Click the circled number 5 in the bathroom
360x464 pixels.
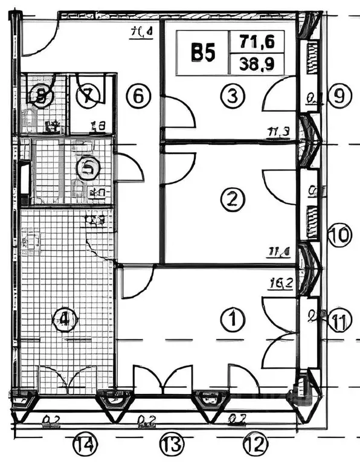tap(88, 169)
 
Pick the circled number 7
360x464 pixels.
tap(88, 95)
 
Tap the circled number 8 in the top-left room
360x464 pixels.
tap(41, 95)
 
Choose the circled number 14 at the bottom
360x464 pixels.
tap(85, 446)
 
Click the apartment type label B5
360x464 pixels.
tap(203, 53)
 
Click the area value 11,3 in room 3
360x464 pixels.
tap(278, 131)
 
